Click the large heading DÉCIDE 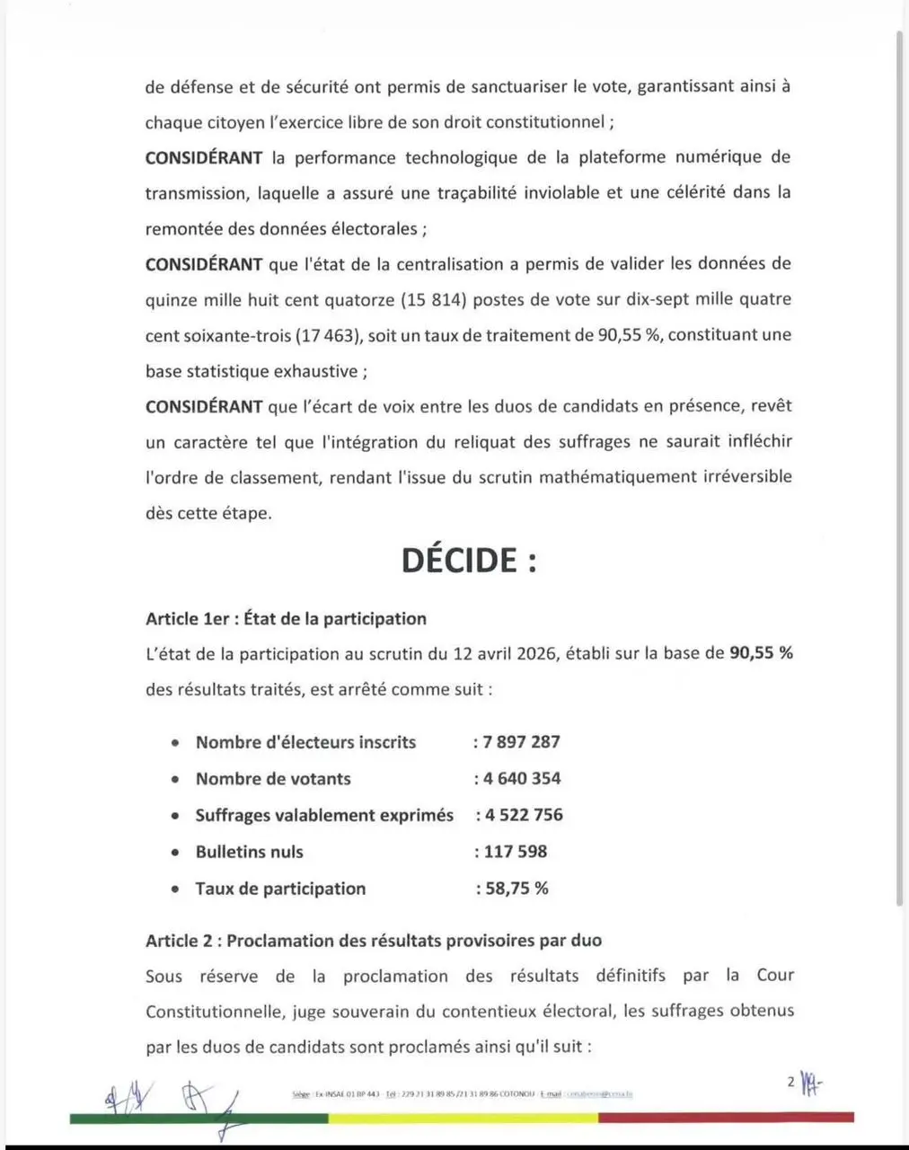[468, 560]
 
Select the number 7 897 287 [521, 742]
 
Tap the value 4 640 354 [522, 779]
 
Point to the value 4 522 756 [524, 815]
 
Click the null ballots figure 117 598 [516, 852]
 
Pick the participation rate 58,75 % [516, 889]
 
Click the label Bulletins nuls [250, 852]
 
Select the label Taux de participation [280, 889]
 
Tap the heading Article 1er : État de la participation [286, 618]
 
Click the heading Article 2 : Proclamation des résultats [374, 941]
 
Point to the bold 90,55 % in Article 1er [761, 653]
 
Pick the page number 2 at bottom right [791, 1082]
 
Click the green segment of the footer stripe [198, 1119]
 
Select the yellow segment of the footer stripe [463, 1119]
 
